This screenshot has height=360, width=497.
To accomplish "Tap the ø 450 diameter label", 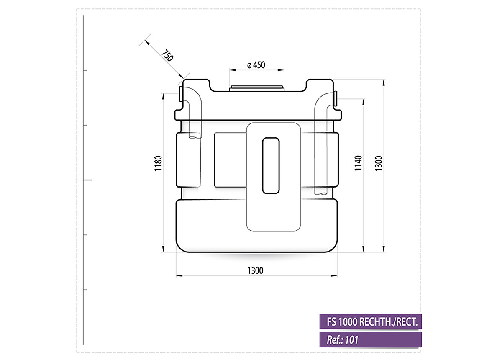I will [256, 65].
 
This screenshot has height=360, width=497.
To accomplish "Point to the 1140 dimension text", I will [358, 163].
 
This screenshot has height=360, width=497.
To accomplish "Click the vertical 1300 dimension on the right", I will [379, 163].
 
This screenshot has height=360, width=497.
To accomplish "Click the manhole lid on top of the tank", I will [256, 88].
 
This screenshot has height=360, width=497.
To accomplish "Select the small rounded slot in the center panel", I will [270, 165].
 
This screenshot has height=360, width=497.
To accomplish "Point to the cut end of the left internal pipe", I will [194, 136].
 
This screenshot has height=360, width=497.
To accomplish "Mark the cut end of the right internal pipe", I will [322, 193].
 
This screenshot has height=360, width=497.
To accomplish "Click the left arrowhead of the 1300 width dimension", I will [178, 275].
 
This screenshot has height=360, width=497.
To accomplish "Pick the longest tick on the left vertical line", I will [87, 180].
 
